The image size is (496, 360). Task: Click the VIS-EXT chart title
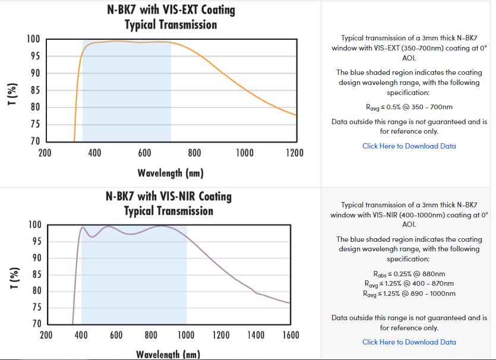tap(170, 17)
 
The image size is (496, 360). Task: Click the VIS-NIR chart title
tap(169, 203)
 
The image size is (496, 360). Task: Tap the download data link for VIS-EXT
tap(409, 146)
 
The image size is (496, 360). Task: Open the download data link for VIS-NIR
tap(409, 342)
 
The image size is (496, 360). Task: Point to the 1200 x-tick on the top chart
tap(295, 153)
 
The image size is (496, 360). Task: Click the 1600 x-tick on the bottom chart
tap(290, 336)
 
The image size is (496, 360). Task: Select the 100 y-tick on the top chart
tap(33, 39)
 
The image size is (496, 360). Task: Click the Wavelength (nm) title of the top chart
tap(170, 173)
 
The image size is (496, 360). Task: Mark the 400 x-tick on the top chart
tap(94, 153)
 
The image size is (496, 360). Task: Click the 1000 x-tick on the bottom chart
tap(186, 336)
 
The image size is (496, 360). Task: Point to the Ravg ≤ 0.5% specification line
tap(409, 108)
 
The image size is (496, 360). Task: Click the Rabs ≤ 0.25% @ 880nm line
tap(409, 274)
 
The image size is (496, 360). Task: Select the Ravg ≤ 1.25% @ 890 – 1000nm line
tap(409, 293)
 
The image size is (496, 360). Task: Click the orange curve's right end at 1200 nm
tap(296, 115)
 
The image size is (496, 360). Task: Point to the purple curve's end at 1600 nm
tap(289, 303)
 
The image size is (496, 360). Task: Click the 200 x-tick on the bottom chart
tap(46, 336)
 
